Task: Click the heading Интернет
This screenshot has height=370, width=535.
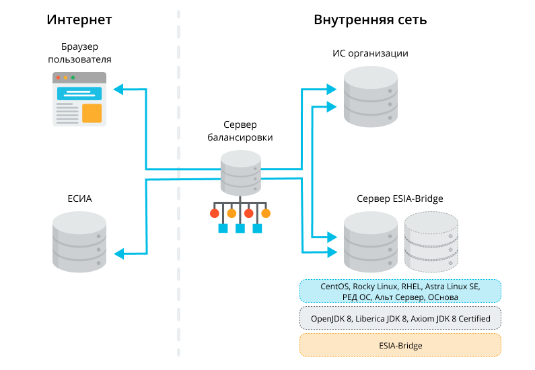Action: point(79,20)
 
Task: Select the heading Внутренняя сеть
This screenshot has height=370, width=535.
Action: point(370,20)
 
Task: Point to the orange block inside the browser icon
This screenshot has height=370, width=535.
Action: point(92,113)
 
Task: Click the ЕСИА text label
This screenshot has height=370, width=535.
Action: point(79,198)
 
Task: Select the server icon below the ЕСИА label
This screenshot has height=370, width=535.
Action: point(79,242)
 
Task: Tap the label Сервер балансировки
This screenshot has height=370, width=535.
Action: point(240,131)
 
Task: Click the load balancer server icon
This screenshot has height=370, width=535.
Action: point(240,172)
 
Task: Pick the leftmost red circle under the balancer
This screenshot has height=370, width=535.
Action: point(215,214)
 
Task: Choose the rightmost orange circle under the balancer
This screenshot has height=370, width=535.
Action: point(266,214)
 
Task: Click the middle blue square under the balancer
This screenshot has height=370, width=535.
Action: point(240,229)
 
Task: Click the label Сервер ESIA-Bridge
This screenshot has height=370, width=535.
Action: point(400,198)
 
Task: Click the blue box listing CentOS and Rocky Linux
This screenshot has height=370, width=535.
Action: point(400,291)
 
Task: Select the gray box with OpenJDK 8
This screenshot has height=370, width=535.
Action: point(400,318)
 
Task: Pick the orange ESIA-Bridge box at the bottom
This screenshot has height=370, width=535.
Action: point(400,345)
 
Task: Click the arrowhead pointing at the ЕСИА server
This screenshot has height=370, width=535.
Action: point(117,253)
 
